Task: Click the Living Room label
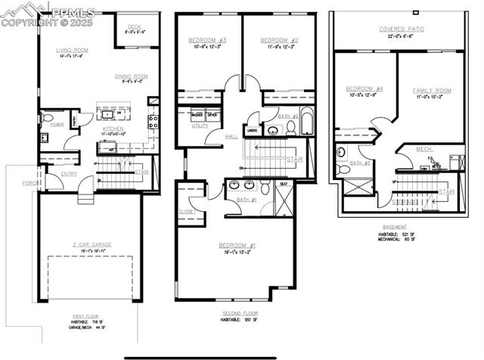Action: click(73, 51)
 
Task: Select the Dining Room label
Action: click(130, 76)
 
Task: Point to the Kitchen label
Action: click(113, 129)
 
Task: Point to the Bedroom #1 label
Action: click(237, 245)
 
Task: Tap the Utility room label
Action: click(200, 126)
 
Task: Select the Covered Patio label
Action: click(402, 29)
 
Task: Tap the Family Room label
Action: click(432, 90)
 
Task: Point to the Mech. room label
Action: click(425, 149)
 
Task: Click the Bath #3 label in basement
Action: click(361, 163)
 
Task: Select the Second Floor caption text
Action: click(240, 312)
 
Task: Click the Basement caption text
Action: click(394, 226)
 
